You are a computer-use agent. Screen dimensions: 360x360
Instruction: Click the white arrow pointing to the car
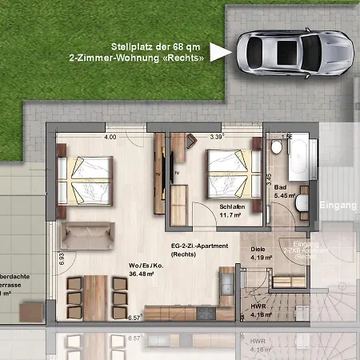click(225, 52)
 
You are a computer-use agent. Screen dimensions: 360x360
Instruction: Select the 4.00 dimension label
click(110, 138)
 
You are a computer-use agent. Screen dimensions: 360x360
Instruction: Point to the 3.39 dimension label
click(216, 138)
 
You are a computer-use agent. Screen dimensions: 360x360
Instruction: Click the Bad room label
click(280, 186)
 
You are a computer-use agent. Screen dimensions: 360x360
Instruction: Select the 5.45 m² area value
click(286, 195)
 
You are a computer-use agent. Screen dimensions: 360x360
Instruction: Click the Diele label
click(258, 248)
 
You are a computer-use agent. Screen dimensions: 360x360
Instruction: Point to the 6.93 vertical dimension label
click(60, 258)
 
